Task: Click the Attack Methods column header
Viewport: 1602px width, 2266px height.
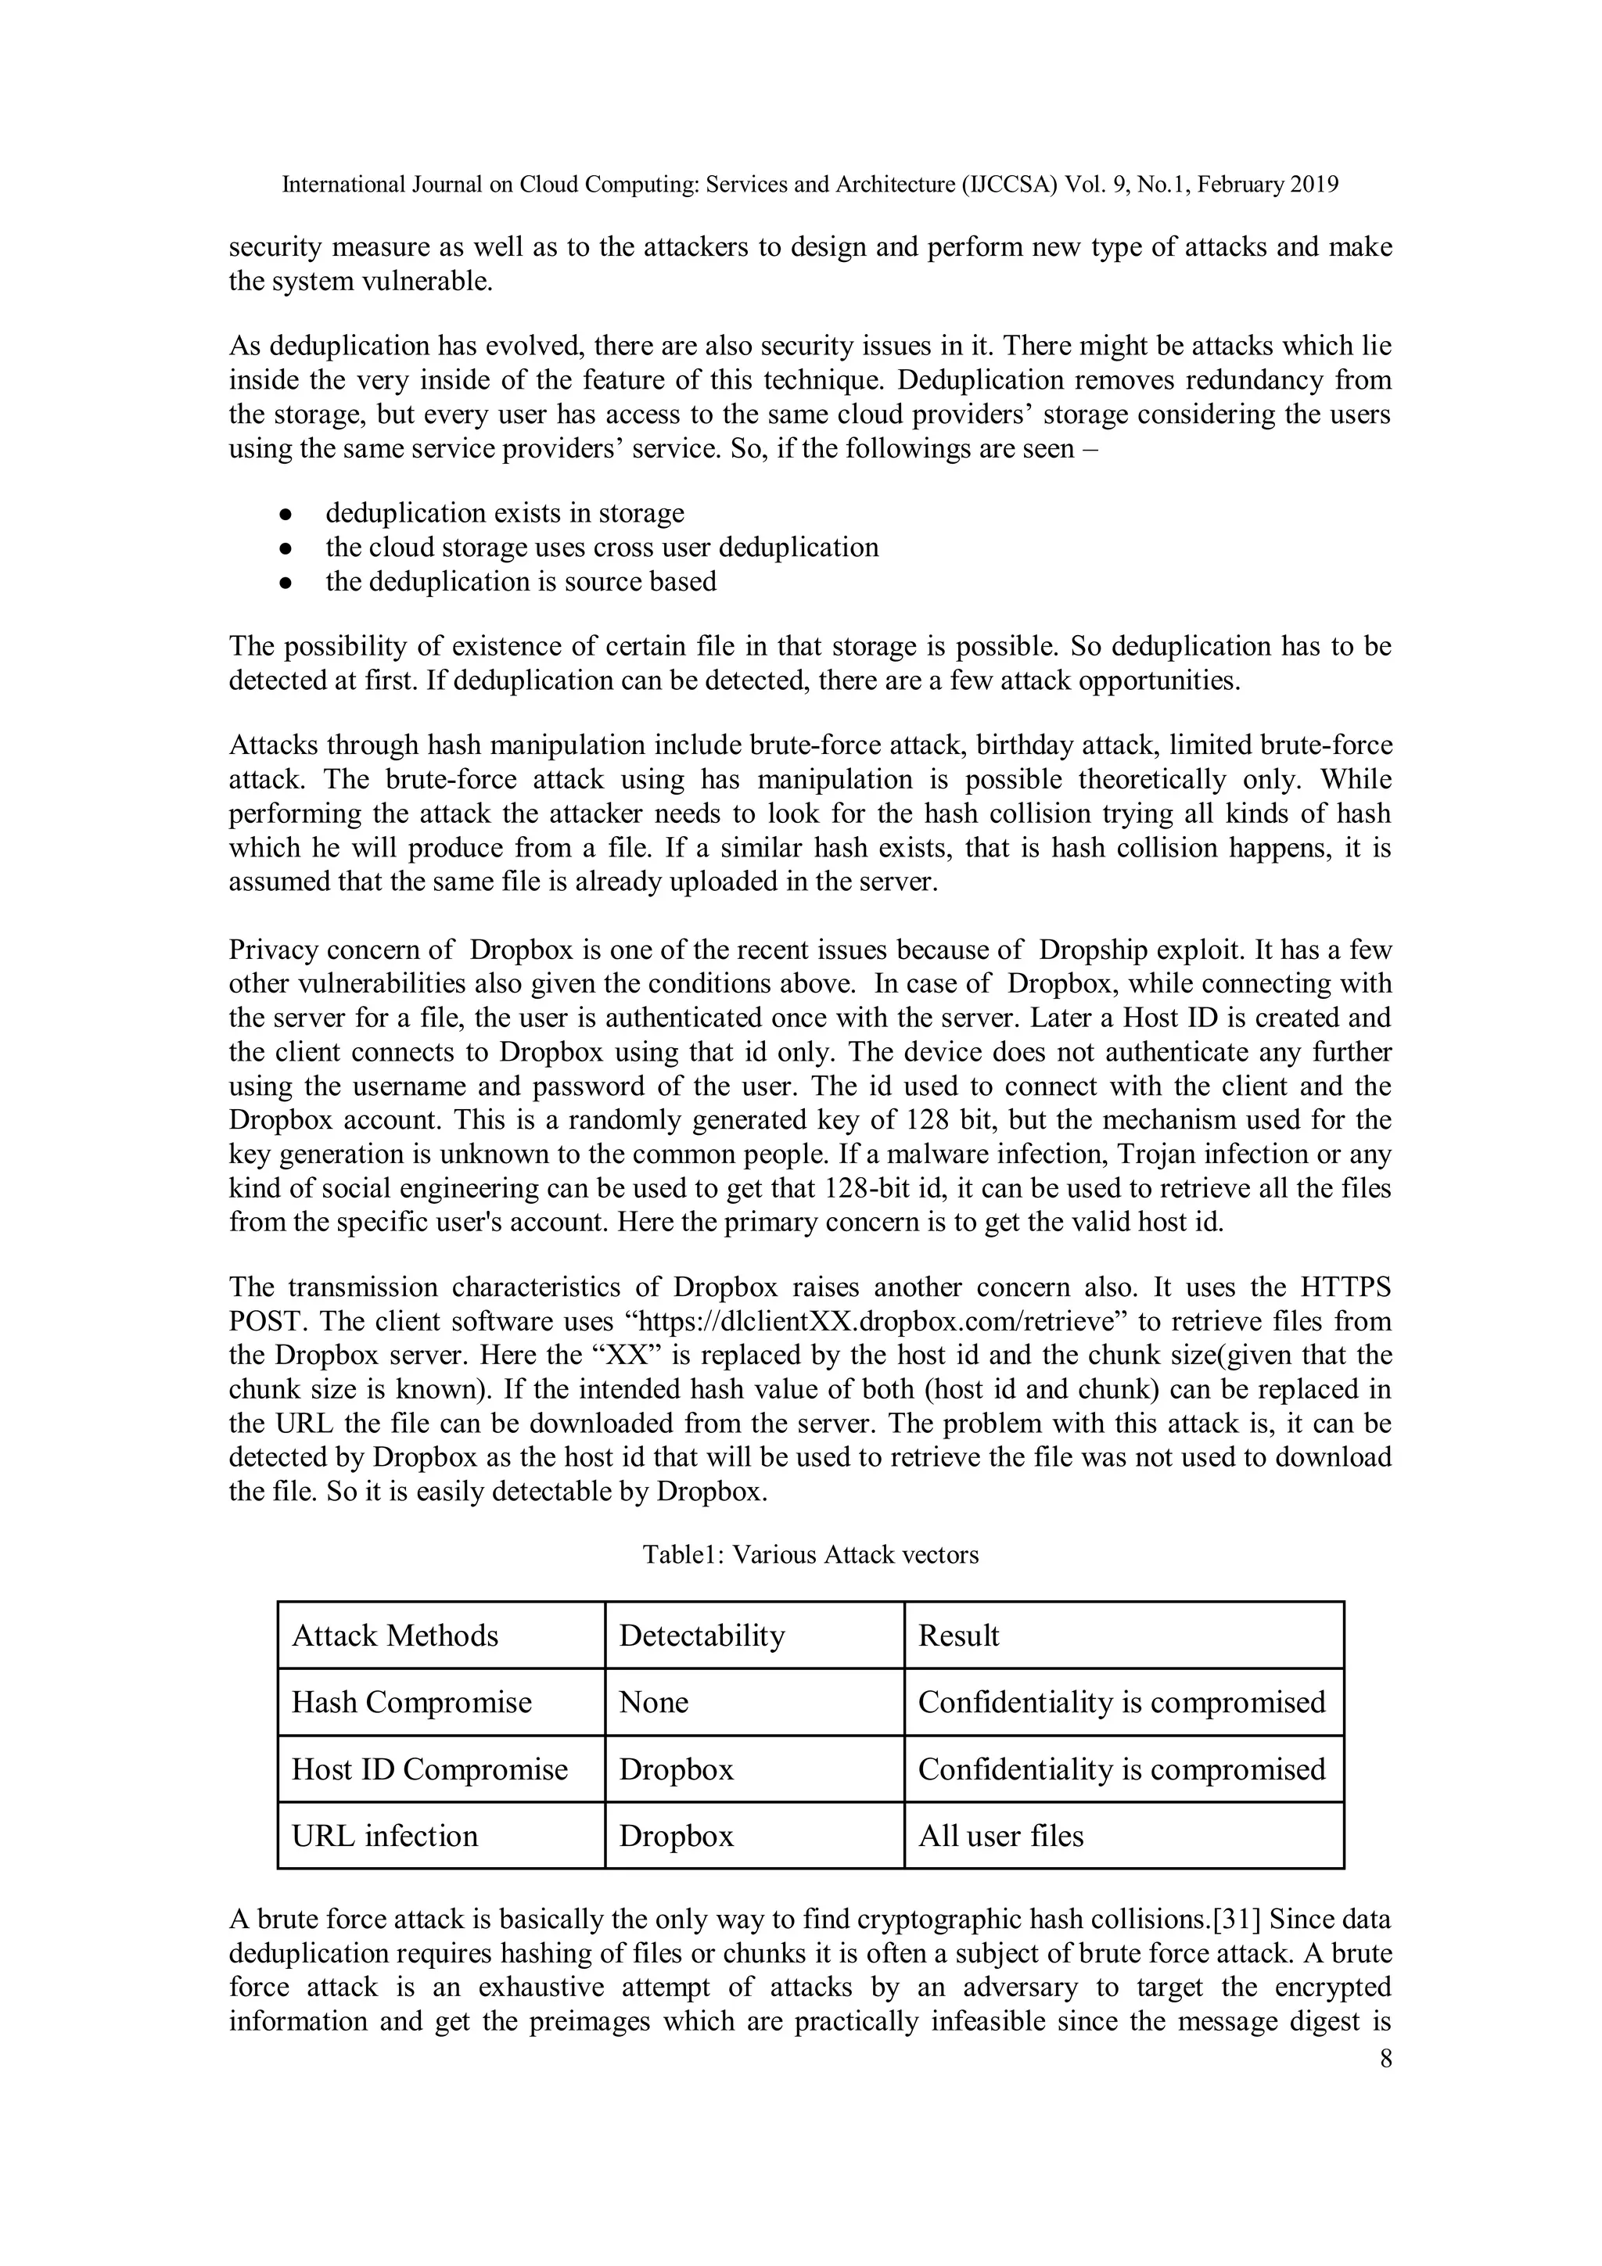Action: click(395, 1636)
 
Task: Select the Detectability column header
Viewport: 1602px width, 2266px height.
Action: click(702, 1636)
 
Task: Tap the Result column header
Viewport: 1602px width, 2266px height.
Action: click(958, 1636)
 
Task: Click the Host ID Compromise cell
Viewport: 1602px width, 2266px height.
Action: click(429, 1769)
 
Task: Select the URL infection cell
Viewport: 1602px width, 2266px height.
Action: click(385, 1836)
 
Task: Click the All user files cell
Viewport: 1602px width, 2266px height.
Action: click(1001, 1836)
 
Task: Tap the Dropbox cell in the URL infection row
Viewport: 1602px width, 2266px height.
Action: click(676, 1836)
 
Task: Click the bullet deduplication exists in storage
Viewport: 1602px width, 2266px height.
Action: click(505, 513)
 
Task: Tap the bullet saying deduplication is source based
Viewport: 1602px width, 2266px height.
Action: click(521, 581)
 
